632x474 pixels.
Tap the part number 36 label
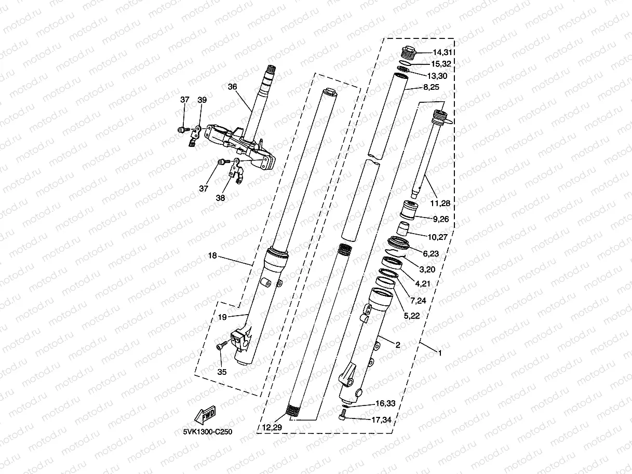click(x=232, y=87)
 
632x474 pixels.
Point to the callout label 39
click(x=202, y=100)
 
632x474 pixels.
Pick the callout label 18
click(x=212, y=256)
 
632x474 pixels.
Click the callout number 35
click(x=222, y=372)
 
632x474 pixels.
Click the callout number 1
click(x=440, y=353)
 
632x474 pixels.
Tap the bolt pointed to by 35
click(x=222, y=344)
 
